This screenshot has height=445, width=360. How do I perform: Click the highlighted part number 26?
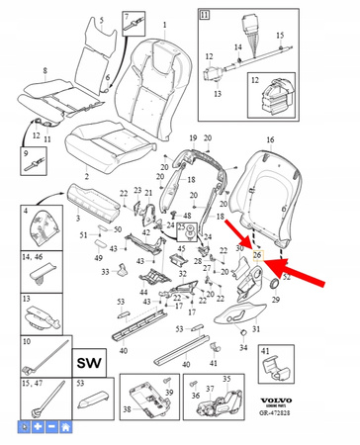[x=257, y=256]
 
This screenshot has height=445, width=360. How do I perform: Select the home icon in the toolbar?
[x=65, y=427]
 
